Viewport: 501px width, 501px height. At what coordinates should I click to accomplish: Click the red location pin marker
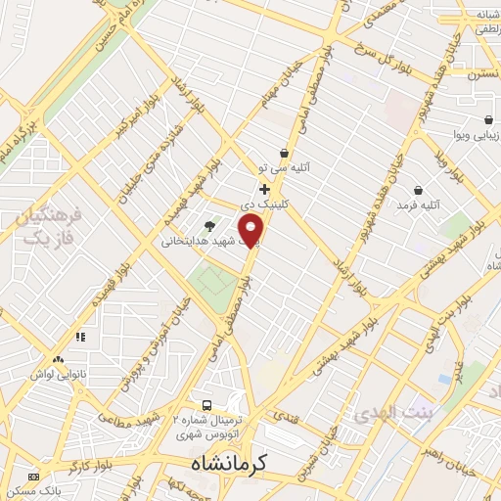[252, 230]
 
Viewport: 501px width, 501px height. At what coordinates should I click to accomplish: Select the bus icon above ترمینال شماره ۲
[206, 404]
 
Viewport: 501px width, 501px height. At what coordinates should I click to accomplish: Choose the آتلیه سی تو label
[283, 168]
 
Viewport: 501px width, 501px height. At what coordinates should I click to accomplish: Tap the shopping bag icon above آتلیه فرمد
[419, 189]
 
